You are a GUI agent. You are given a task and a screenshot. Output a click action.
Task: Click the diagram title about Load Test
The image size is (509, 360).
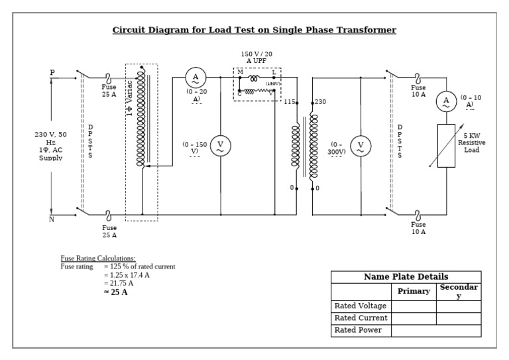[254, 30]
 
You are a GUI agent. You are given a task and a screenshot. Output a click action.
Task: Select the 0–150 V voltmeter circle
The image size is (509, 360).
[221, 147]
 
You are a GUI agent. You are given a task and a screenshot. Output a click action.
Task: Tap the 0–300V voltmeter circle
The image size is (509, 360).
[361, 147]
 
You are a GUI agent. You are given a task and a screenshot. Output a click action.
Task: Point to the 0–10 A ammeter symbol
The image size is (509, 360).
[446, 101]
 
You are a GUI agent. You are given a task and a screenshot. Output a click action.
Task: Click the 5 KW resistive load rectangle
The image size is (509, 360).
[446, 145]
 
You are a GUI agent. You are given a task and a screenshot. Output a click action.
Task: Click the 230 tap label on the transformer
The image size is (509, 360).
[320, 102]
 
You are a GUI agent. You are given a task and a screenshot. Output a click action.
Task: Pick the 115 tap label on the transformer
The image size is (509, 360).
[289, 102]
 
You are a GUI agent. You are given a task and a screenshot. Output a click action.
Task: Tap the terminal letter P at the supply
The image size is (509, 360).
[52, 72]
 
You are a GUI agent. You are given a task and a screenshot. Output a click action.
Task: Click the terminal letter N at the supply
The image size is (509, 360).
[52, 219]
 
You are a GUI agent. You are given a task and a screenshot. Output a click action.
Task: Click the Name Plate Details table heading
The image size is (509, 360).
[406, 276]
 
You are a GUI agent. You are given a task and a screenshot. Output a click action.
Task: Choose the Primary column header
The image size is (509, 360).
[414, 291]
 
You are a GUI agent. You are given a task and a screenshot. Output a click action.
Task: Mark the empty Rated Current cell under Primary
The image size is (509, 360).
[414, 318]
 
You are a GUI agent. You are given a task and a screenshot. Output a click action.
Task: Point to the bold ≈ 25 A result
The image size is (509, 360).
[116, 292]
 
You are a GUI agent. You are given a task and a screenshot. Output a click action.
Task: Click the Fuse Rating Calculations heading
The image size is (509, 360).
[98, 259]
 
